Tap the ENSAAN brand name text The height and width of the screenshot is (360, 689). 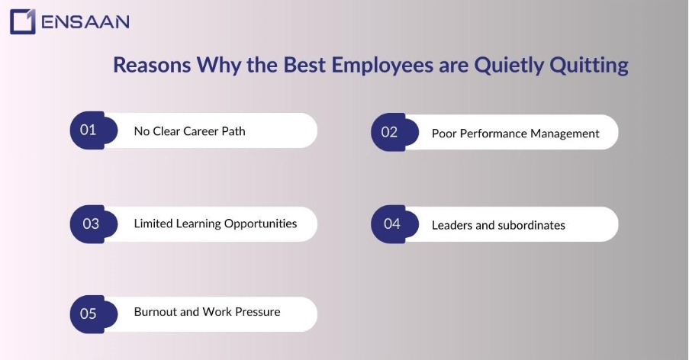85,21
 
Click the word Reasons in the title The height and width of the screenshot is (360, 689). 152,66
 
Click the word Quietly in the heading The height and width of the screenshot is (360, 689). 507,66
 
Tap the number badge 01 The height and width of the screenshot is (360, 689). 89,130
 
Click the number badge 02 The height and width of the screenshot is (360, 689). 390,132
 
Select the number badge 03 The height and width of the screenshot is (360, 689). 91,223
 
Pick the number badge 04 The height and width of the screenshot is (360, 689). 391,224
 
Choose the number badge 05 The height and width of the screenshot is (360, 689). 89,313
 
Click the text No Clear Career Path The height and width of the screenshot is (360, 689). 189,131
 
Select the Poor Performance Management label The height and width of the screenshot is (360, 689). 515,133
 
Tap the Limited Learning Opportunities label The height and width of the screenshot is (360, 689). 215,223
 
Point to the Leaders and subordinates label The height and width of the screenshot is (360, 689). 498,225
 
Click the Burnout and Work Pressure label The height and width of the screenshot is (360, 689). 207,312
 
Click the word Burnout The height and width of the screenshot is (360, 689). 155,312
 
